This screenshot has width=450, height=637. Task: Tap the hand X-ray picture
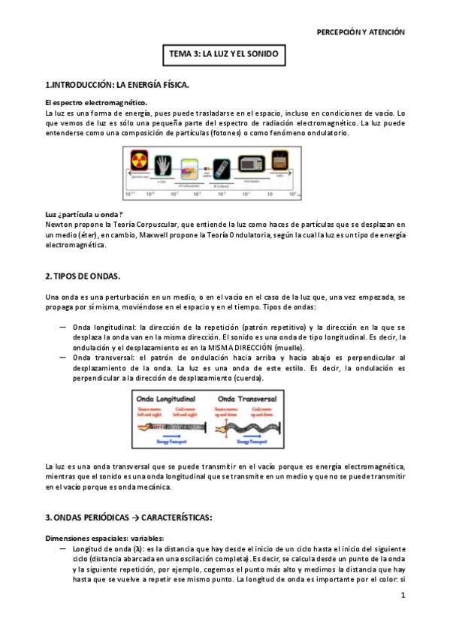[164, 163]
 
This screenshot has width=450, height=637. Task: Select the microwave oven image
[251, 164]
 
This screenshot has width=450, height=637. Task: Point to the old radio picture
[279, 161]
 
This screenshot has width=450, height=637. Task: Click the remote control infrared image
[221, 165]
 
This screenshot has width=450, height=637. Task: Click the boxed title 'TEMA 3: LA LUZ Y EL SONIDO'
[225, 55]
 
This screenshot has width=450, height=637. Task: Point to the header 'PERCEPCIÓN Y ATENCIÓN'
[361, 32]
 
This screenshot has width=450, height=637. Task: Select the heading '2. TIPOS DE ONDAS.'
[83, 277]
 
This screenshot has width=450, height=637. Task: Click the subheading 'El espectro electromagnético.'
[96, 102]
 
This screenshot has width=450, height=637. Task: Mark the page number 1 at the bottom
[403, 596]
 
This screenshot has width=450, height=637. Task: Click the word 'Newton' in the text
[59, 224]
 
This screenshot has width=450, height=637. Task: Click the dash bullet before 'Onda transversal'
[62, 358]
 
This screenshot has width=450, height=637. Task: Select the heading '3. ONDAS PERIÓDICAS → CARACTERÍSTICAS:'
[129, 518]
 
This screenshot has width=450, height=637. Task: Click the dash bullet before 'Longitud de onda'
[62, 549]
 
